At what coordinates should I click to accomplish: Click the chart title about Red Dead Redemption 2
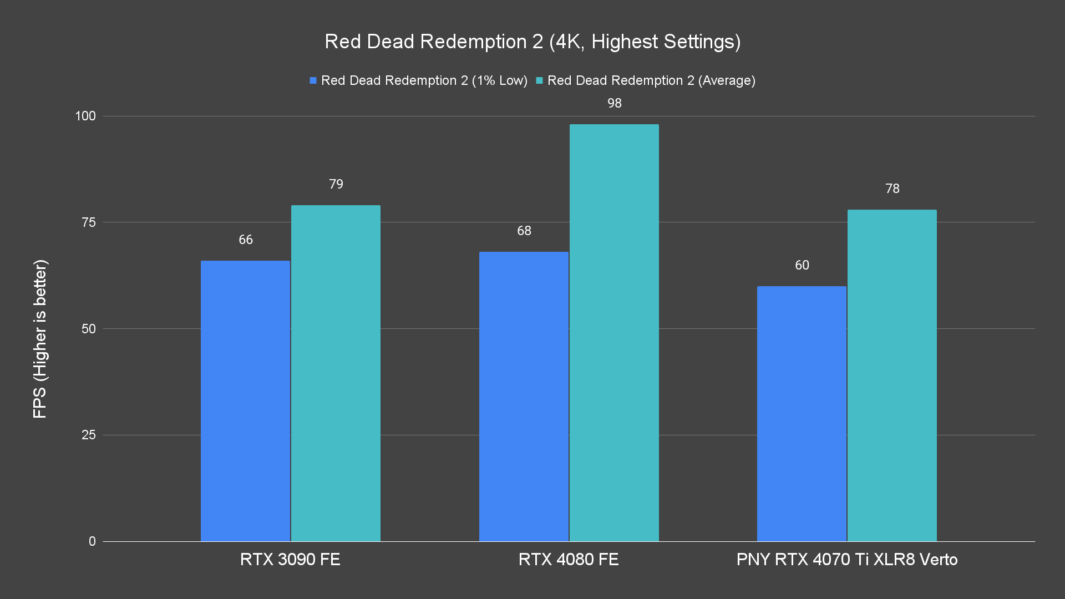click(x=532, y=42)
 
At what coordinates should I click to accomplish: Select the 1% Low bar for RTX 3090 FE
click(x=245, y=400)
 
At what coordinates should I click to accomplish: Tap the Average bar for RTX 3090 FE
click(x=336, y=373)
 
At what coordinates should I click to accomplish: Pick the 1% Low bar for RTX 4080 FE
click(x=524, y=396)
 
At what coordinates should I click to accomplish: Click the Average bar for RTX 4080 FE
click(x=614, y=332)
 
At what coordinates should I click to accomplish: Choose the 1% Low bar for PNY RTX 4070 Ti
click(x=802, y=413)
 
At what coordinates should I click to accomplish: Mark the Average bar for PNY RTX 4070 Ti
click(x=892, y=375)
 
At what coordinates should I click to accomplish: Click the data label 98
click(x=614, y=103)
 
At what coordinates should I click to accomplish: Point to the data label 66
click(x=246, y=240)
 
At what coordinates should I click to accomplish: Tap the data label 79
click(x=336, y=184)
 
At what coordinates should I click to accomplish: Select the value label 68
click(x=524, y=231)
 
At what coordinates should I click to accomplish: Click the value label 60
click(x=802, y=265)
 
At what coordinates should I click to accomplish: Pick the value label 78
click(x=892, y=189)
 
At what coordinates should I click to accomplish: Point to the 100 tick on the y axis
click(x=85, y=116)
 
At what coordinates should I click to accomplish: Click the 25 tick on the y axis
click(x=89, y=435)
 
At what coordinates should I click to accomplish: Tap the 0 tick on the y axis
click(x=92, y=541)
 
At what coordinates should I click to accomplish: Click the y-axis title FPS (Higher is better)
click(x=40, y=339)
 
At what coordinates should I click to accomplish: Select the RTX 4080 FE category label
click(x=569, y=559)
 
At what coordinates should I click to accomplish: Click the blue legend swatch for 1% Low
click(x=313, y=80)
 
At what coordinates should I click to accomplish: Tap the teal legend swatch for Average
click(x=539, y=80)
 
